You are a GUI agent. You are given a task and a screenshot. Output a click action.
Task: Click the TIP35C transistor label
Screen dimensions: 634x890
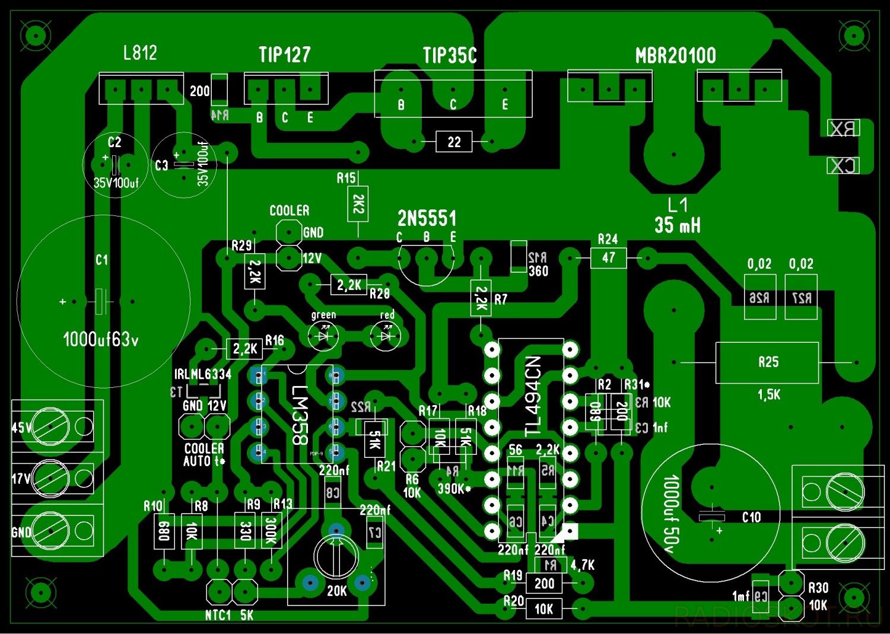point(449,56)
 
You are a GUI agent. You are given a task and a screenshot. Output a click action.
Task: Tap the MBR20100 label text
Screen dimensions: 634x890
point(675,56)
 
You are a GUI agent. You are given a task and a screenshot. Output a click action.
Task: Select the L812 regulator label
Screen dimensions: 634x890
point(140,53)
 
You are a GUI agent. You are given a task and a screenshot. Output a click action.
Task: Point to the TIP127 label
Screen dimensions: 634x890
point(284,55)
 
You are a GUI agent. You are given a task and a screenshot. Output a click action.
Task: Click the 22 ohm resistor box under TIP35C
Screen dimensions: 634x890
point(454,142)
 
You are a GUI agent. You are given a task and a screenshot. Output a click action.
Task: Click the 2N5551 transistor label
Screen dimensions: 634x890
point(427,218)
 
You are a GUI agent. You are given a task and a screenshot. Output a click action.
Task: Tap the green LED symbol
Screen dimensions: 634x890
point(323,336)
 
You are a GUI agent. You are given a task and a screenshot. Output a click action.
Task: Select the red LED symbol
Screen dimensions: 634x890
point(386,336)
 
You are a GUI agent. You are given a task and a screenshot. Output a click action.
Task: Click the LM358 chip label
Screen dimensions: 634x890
point(300,415)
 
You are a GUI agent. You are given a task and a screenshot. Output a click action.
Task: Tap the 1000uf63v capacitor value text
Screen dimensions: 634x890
point(100,339)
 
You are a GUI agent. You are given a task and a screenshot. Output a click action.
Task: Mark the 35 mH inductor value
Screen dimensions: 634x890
point(677,225)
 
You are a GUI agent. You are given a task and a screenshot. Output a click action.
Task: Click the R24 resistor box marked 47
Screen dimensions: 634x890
point(608,258)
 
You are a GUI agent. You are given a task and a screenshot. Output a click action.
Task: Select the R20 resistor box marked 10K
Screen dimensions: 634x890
point(543,609)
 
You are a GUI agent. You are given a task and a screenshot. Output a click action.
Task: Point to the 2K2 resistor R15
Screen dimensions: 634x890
point(358,204)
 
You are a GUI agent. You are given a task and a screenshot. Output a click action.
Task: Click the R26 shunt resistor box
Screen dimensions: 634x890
point(759,297)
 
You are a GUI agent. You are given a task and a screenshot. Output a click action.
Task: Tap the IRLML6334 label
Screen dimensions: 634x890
point(202,374)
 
